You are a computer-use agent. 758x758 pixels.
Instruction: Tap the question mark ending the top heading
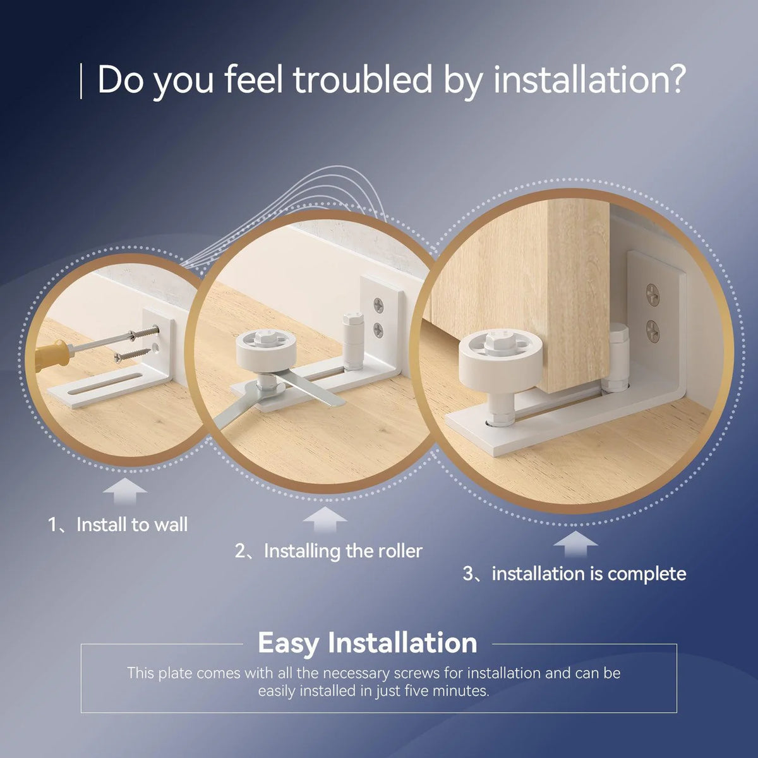coord(674,80)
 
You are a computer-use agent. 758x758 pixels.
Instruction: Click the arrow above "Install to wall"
coord(125,491)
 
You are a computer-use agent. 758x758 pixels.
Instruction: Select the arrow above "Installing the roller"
coord(325,519)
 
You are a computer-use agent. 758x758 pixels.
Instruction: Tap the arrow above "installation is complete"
coord(575,544)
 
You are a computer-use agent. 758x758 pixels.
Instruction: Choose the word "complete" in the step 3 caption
coord(647,574)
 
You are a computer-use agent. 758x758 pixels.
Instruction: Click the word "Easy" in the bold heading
coord(288,643)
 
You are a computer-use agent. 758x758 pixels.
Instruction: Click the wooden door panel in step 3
coord(523,291)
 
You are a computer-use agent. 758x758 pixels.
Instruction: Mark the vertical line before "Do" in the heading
coord(81,81)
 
